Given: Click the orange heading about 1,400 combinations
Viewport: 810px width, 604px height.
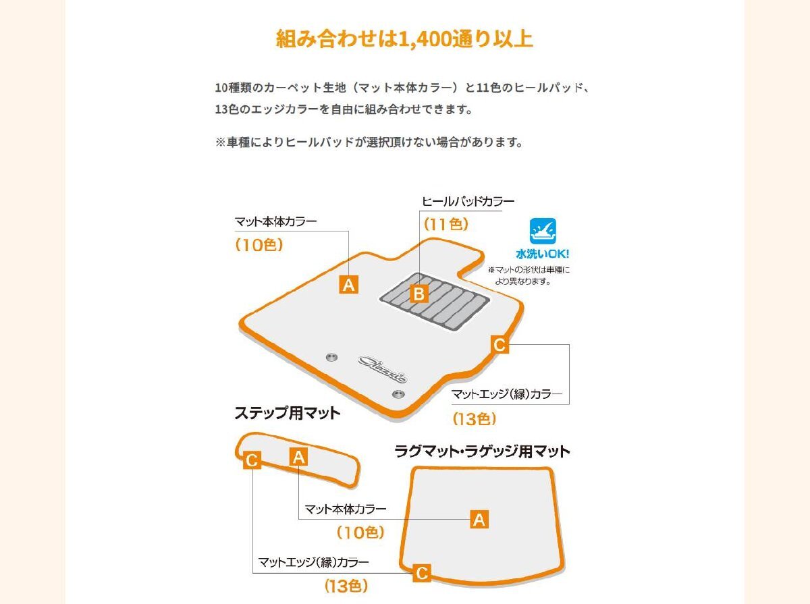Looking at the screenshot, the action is coord(404,39).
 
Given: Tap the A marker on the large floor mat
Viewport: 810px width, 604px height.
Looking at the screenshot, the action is coord(349,285).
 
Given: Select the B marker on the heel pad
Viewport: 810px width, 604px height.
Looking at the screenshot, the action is coord(419,294).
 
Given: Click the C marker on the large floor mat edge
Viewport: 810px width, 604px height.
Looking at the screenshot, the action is coord(500,345).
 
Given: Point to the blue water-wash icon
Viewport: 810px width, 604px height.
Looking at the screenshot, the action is coord(543,231).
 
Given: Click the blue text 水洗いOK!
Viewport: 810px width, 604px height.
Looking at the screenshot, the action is coord(543,254).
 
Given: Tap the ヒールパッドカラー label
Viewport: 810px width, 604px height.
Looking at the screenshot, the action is coord(468,202).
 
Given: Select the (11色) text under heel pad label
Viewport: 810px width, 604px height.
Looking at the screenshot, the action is coord(446,224).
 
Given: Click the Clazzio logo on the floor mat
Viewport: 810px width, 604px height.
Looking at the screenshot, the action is coord(383,370).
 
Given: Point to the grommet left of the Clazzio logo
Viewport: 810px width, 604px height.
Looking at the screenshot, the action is coord(331,357).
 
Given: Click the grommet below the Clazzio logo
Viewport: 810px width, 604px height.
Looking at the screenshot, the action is coord(398,394).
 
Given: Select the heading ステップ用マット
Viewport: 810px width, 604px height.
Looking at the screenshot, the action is coord(288,413).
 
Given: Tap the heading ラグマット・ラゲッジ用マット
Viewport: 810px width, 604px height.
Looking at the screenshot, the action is coord(483,451).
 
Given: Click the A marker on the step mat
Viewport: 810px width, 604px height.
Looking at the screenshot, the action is coord(298,457).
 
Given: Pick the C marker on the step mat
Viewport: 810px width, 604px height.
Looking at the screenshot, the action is coord(252,460).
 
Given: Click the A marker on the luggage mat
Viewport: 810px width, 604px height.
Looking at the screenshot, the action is coord(479,519).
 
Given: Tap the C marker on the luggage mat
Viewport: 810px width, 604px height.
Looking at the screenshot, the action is coord(422,573).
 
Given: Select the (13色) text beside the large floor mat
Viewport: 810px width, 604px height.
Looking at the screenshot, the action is coord(475,419).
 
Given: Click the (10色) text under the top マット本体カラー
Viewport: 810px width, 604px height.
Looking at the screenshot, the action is coord(259,244).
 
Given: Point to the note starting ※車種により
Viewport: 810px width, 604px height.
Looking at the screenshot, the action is coord(369,142).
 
